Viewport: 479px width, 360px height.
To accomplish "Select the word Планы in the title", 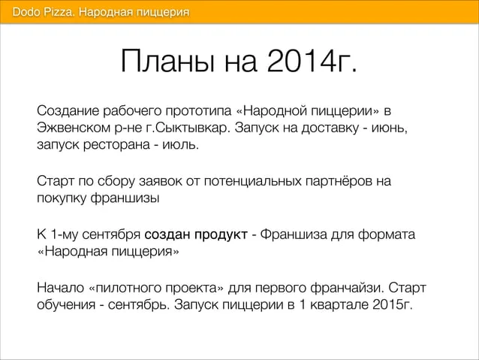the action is coord(167,60).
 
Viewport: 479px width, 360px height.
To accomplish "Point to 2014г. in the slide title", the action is coord(312,60).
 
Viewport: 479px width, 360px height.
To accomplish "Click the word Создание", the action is coord(68,110).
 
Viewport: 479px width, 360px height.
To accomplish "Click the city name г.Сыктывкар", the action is coord(188,128).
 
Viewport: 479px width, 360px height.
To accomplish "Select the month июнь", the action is coord(390,128).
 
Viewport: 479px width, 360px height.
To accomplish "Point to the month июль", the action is coord(180,144).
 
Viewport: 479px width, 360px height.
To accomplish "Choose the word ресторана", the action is coord(116,145).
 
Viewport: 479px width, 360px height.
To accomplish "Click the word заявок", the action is coord(160,181).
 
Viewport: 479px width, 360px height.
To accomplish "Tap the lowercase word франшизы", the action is coord(125,198).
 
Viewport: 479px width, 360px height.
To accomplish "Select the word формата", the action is coord(387,235).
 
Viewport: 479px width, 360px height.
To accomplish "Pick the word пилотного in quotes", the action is coord(127,288).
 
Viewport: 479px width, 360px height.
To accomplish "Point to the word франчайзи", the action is coord(345,288).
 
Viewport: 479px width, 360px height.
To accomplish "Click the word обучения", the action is coord(66,305).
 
